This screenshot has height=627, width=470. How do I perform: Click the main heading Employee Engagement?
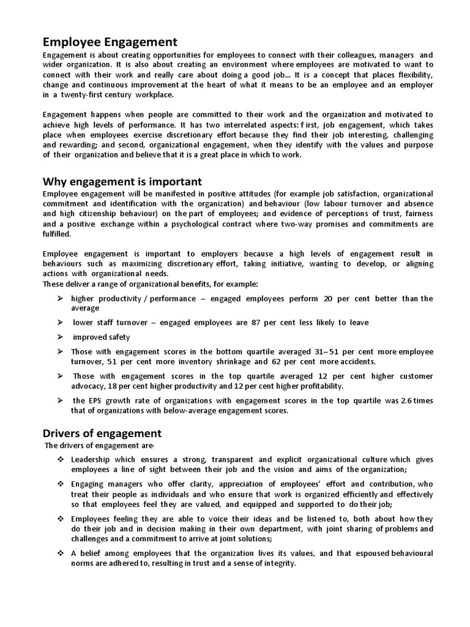click(x=110, y=42)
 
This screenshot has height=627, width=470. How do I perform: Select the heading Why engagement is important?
click(x=122, y=182)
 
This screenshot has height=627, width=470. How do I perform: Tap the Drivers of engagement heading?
click(x=102, y=434)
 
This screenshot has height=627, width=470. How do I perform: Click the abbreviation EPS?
click(x=97, y=400)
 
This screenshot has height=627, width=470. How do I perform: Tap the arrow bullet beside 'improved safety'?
click(x=61, y=337)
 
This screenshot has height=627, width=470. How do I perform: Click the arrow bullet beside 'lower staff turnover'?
click(x=61, y=322)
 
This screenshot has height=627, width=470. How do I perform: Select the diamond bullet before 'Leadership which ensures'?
click(x=61, y=459)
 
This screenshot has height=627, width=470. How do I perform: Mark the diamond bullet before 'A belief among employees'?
click(x=61, y=554)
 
